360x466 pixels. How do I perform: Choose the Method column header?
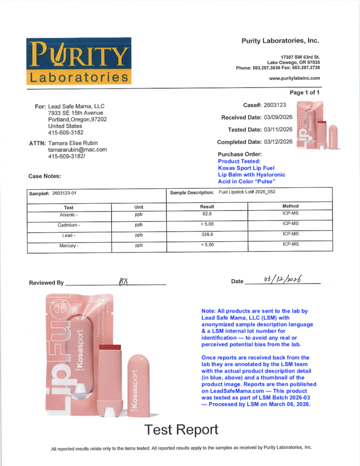tap(291, 206)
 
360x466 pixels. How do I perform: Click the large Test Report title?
tap(180, 429)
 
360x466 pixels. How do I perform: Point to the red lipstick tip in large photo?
tap(112, 348)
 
